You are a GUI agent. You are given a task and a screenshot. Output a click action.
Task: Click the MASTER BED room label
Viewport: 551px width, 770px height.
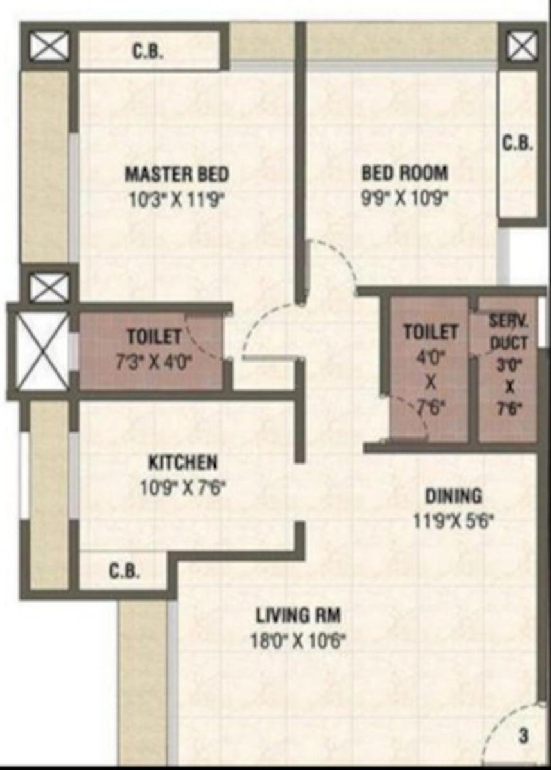177,174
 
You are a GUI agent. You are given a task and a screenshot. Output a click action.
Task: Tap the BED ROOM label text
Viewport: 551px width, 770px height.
405,173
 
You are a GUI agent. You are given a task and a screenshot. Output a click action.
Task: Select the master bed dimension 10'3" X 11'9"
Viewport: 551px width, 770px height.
177,200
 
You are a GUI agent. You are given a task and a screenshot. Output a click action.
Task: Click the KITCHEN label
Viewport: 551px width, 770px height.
183,463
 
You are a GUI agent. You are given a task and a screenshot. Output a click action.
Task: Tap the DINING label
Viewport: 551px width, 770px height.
453,496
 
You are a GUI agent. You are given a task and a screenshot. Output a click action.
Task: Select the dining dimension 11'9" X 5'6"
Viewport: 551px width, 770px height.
453,522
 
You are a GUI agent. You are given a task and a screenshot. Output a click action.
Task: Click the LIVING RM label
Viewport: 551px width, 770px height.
298,615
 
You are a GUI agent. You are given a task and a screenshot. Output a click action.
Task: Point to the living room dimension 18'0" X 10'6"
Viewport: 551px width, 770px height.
298,641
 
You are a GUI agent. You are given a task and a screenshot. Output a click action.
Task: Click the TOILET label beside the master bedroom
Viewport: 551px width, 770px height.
154,336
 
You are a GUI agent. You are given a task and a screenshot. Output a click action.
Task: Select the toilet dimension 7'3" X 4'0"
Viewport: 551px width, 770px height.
154,362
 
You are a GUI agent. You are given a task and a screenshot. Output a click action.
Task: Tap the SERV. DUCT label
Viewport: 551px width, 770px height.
509,332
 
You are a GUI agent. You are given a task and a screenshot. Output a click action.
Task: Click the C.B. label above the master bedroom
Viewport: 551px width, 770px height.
148,52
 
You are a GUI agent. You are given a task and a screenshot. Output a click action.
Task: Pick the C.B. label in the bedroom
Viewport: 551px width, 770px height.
518,143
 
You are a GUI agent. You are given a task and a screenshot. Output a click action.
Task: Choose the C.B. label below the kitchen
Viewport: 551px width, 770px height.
125,570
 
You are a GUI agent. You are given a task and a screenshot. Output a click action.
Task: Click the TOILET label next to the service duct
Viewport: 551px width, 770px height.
431,332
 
